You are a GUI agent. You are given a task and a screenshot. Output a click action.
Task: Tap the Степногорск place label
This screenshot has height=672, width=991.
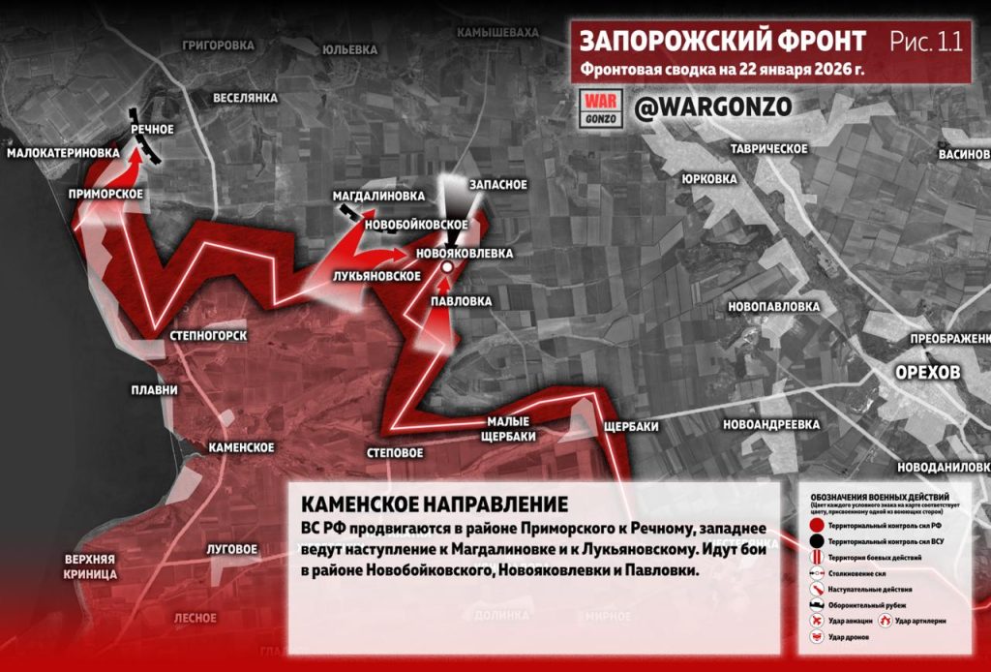(208, 336)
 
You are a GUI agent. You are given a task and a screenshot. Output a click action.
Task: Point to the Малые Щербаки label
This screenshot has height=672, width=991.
(508, 428)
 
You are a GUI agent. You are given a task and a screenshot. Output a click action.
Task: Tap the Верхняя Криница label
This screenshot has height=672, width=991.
(91, 566)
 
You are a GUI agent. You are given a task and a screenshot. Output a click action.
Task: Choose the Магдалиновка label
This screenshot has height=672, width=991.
(378, 196)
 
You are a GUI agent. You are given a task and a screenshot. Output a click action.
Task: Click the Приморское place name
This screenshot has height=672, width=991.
(106, 194)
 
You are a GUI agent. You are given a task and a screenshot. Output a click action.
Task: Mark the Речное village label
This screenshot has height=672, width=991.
(152, 129)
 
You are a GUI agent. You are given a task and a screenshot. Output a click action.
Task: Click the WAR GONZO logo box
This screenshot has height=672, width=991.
(600, 107)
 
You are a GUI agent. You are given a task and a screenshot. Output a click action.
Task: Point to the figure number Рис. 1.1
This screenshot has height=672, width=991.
(926, 42)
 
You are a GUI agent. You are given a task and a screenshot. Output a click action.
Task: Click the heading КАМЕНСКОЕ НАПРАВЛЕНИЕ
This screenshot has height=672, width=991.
(434, 504)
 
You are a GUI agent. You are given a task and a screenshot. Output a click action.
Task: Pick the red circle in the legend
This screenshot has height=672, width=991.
(817, 524)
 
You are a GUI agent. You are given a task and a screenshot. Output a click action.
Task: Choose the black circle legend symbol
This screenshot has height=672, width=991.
(817, 539)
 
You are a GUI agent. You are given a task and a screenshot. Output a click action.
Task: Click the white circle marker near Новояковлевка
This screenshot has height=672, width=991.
(447, 265)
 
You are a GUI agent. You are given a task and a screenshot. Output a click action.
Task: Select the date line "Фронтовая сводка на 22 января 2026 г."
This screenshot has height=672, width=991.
(722, 70)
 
